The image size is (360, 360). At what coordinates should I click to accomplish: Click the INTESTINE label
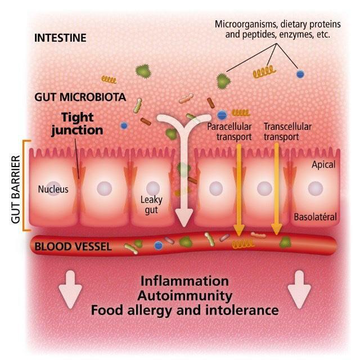60,38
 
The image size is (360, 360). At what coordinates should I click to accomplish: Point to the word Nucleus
53,189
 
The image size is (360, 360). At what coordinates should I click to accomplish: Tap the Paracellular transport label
229,131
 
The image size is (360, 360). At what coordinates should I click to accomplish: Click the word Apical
323,165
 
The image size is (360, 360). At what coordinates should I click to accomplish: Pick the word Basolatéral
314,217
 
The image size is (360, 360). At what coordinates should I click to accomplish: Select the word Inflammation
184,281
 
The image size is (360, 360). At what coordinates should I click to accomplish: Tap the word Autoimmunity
184,295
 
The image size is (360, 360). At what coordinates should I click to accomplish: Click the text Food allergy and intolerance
184,310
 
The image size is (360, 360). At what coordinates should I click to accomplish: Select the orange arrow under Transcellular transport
276,186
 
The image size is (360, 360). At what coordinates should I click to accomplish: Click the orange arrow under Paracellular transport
238,186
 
